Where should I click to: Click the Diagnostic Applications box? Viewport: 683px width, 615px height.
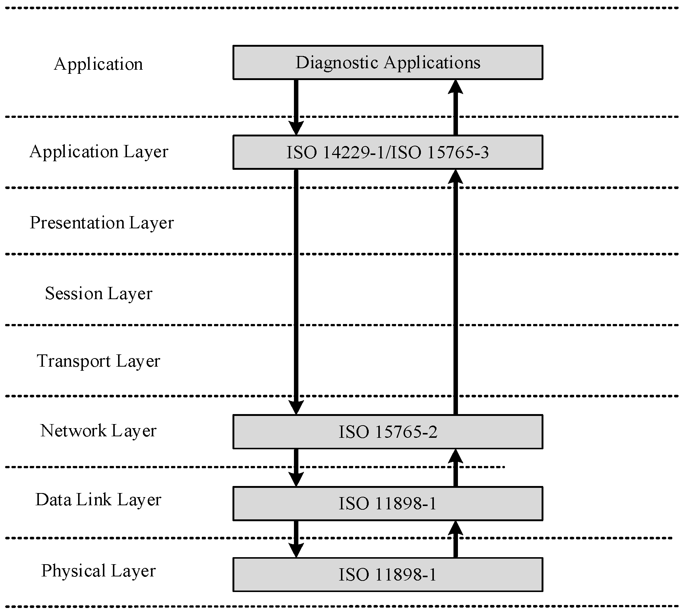tap(388, 62)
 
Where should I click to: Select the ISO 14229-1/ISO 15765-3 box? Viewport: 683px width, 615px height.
tap(388, 152)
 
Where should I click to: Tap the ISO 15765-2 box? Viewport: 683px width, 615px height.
tap(388, 432)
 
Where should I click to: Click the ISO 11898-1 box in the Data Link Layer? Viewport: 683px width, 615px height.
tap(388, 503)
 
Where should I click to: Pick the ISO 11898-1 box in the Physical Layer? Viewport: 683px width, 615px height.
tap(388, 575)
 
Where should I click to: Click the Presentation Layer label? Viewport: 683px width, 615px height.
tap(101, 223)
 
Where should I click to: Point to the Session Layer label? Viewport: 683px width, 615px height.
tap(98, 294)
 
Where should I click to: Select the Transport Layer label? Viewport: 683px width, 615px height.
tap(98, 361)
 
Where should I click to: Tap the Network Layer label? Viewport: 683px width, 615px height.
tap(98, 431)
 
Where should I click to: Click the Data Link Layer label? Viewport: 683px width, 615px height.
tap(98, 500)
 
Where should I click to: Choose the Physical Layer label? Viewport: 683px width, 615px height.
tap(98, 571)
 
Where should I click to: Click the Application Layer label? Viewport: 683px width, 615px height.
tap(99, 152)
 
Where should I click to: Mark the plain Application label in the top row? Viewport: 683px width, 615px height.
tap(98, 64)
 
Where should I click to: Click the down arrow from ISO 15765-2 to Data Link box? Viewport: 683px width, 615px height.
tap(296, 467)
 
